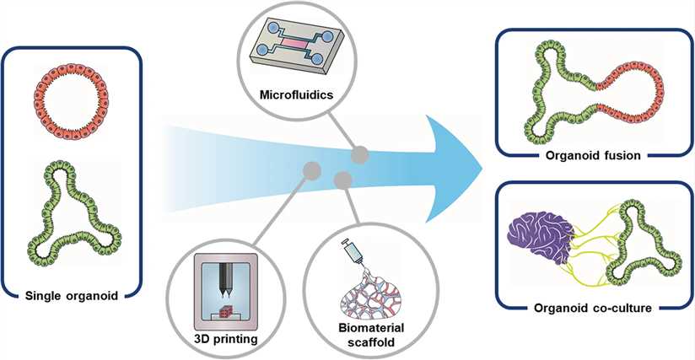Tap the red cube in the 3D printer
pyautogui.click(x=224, y=311)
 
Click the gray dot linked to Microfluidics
pyautogui.click(x=360, y=153)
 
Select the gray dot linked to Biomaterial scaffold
pyautogui.click(x=342, y=179)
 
